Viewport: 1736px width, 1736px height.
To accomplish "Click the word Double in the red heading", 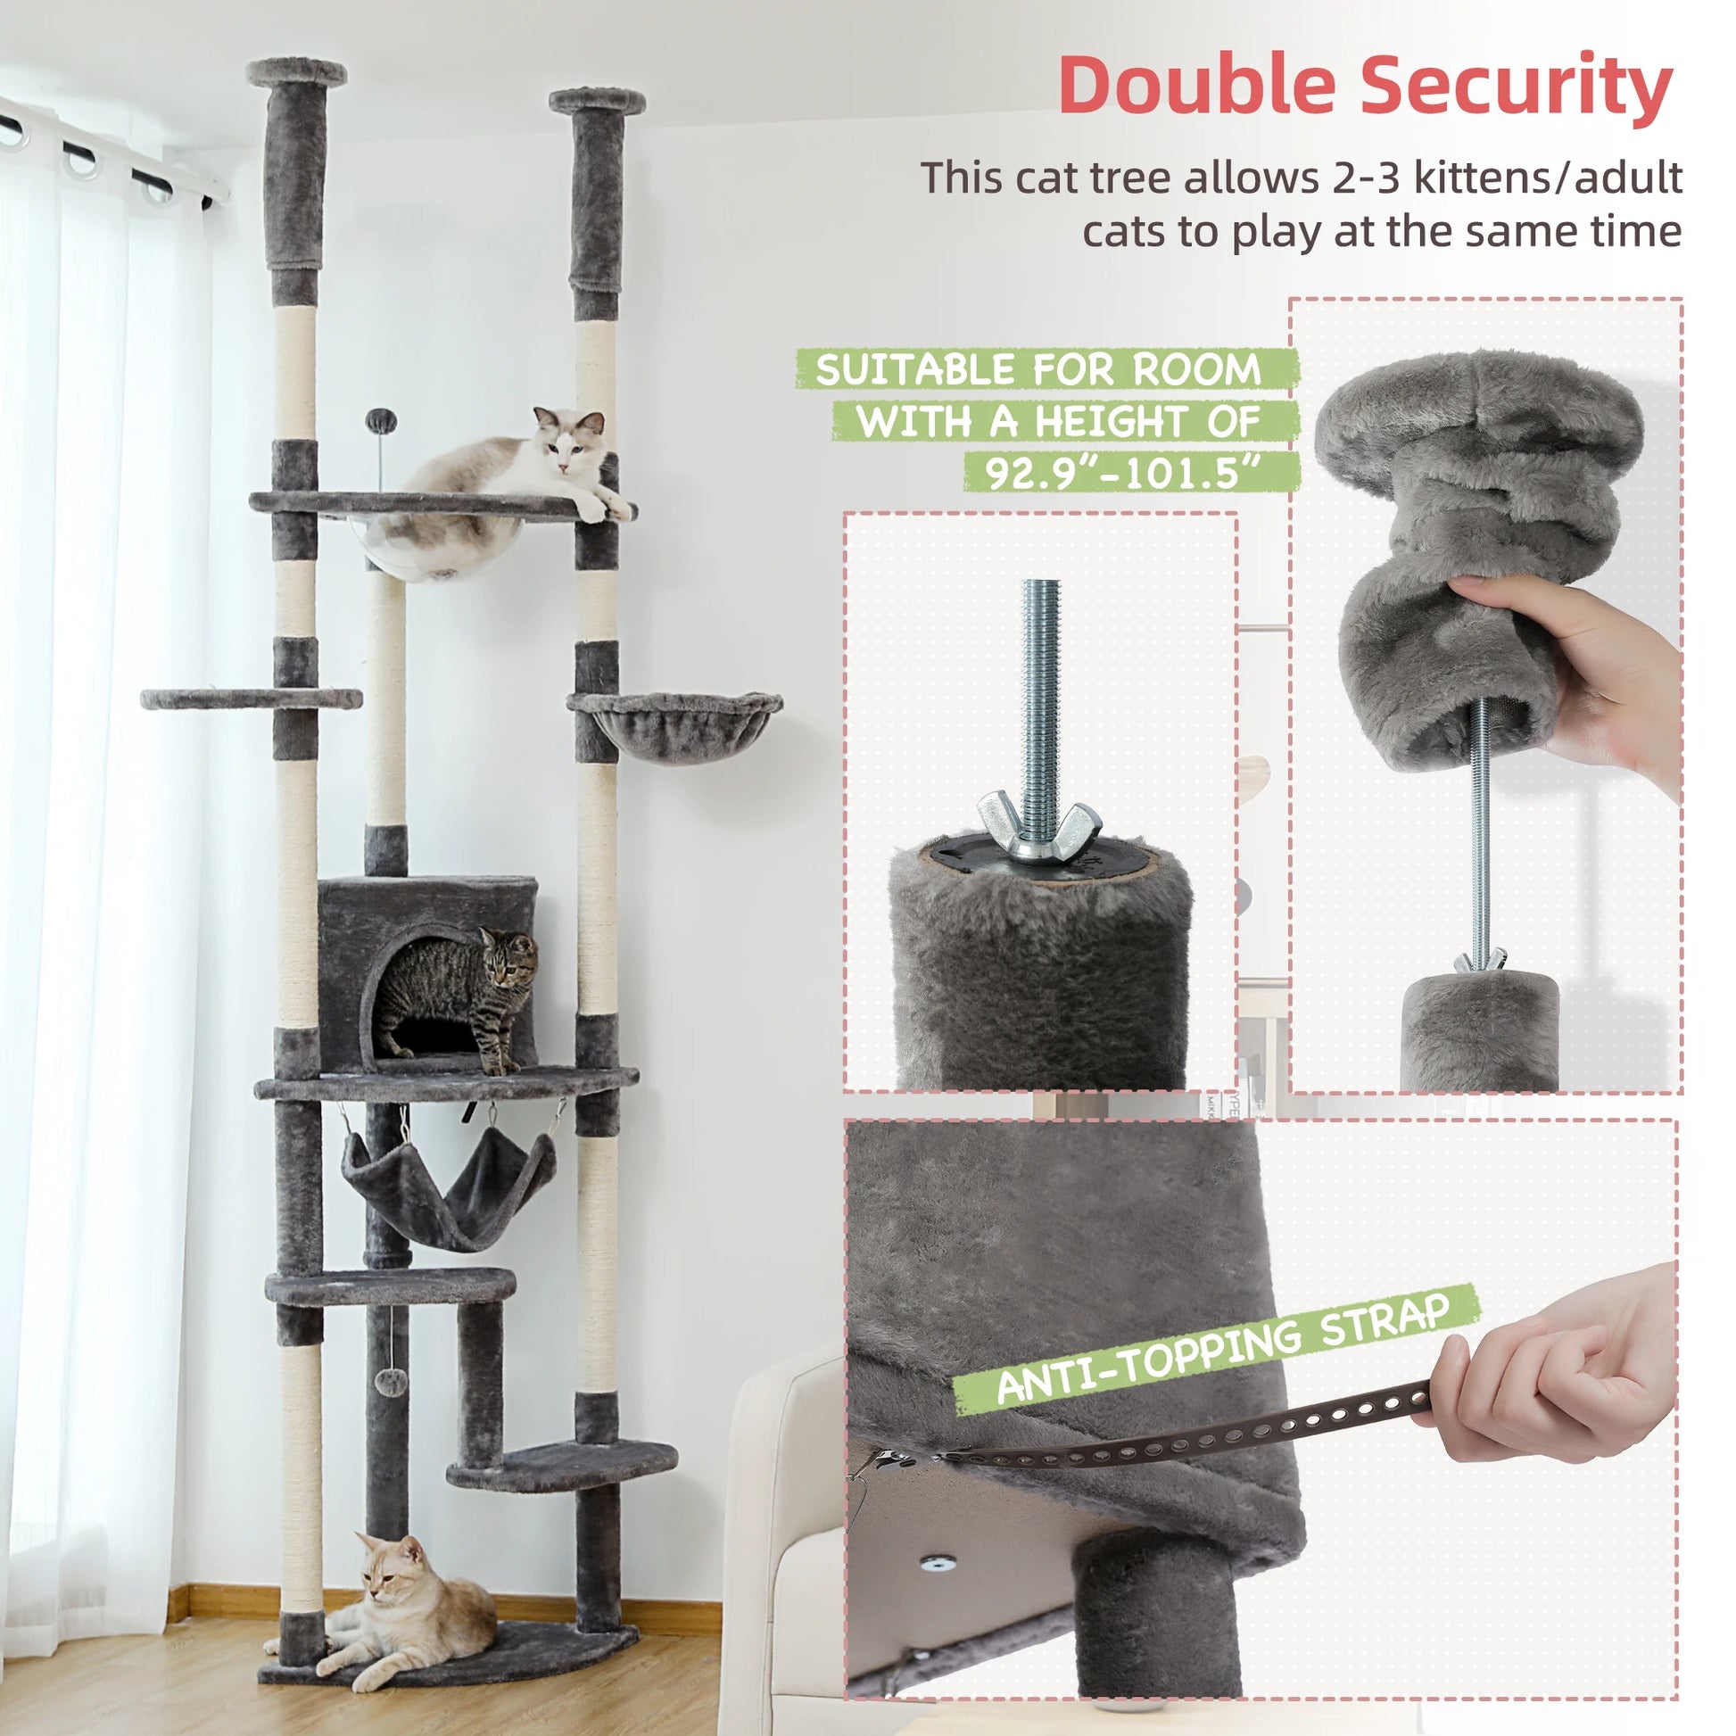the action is [1198, 86].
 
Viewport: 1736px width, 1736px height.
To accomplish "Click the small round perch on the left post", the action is [252, 699].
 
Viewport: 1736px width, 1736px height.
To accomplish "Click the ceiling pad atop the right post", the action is [598, 100].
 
